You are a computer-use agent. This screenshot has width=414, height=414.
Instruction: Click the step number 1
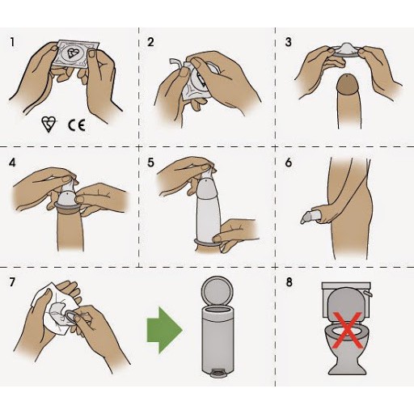12,42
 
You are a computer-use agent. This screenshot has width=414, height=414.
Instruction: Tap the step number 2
150,42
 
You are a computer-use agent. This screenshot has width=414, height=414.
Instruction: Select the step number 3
289,42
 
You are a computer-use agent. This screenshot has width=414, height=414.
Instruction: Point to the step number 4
12,163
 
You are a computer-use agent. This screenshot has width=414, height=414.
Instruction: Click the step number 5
150,163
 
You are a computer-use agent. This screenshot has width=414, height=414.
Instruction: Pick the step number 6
289,163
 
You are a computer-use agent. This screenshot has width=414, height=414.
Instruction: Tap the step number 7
12,282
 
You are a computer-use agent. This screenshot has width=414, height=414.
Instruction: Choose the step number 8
289,282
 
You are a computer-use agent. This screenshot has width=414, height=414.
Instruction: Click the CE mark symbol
77,125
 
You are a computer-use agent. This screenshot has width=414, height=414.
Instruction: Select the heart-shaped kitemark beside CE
49,125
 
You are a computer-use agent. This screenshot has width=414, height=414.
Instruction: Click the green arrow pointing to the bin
164,330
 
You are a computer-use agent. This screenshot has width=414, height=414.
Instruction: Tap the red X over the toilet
347,330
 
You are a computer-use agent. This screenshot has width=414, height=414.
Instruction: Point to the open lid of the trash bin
218,292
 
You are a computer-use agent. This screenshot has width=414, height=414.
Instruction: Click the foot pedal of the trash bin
218,373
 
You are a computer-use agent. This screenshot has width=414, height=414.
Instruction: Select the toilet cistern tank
347,299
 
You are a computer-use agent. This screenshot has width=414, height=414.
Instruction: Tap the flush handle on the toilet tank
368,293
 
